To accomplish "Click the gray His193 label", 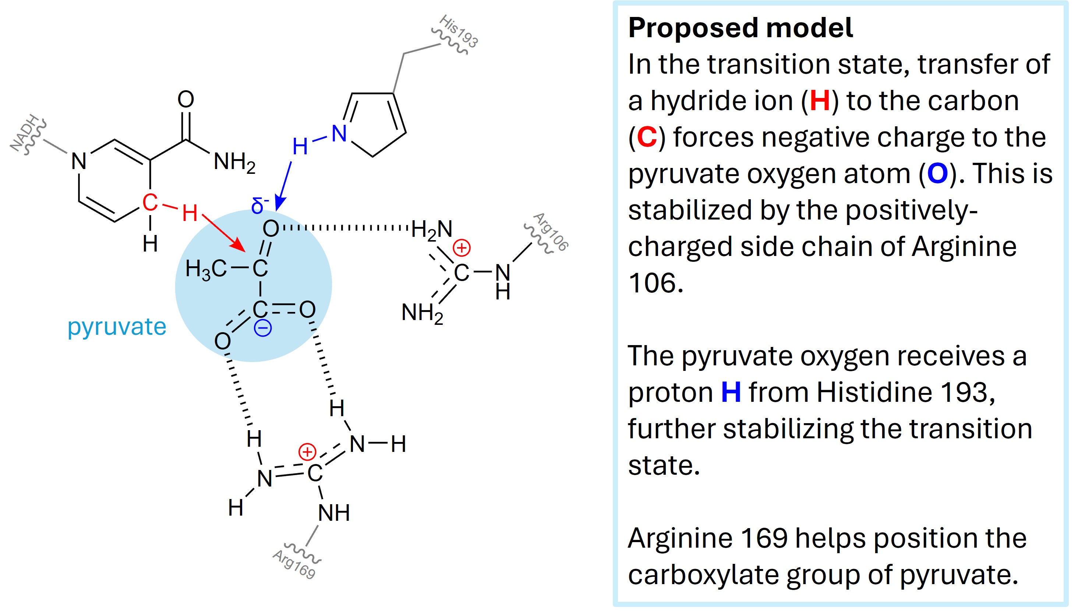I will click(459, 31).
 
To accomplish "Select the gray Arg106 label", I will click(551, 232).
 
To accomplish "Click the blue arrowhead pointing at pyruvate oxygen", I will click(279, 204).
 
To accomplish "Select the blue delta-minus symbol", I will click(259, 205).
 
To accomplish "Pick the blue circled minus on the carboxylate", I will click(263, 328).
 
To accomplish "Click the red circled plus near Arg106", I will click(462, 248).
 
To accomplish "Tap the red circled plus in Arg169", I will click(307, 452).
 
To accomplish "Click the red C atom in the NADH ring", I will click(150, 202).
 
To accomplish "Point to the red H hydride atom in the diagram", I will click(190, 213).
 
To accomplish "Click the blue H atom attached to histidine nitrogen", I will click(300, 147).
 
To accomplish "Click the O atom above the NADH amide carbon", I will click(186, 99).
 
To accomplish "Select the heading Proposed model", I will click(740, 28).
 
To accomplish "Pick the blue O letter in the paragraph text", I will click(937, 174).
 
